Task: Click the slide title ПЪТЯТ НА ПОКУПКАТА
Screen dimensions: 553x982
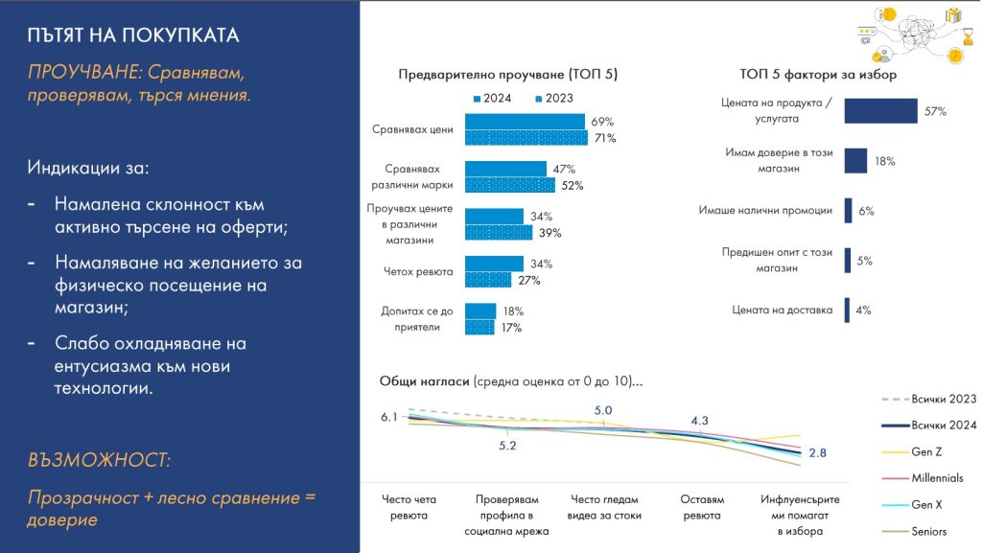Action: click(x=133, y=35)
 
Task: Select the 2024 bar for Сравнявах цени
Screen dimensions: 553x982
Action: click(x=525, y=122)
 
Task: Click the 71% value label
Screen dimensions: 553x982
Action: click(x=604, y=138)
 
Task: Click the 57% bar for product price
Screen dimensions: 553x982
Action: click(x=880, y=111)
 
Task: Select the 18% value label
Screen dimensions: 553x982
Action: click(x=884, y=162)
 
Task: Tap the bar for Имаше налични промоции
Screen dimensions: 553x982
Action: click(x=848, y=211)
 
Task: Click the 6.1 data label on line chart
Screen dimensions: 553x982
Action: click(x=388, y=416)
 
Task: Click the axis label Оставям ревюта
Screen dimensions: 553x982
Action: click(x=701, y=507)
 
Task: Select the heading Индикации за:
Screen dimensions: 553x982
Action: click(x=88, y=168)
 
